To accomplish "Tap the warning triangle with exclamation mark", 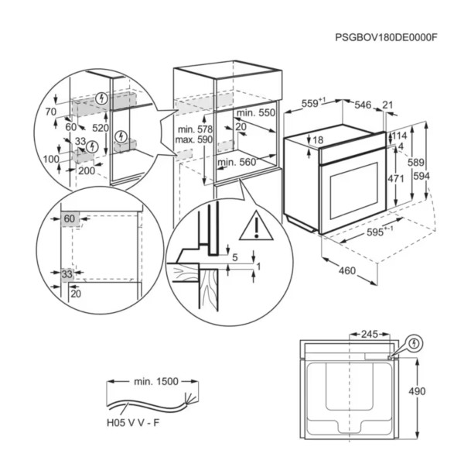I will [254, 227].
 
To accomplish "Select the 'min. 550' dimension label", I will [254, 112].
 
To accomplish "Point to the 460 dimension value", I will [346, 270].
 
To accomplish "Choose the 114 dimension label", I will [398, 136].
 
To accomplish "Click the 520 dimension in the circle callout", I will [101, 126].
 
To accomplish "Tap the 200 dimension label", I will [87, 170].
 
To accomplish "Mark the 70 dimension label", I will [51, 112].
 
